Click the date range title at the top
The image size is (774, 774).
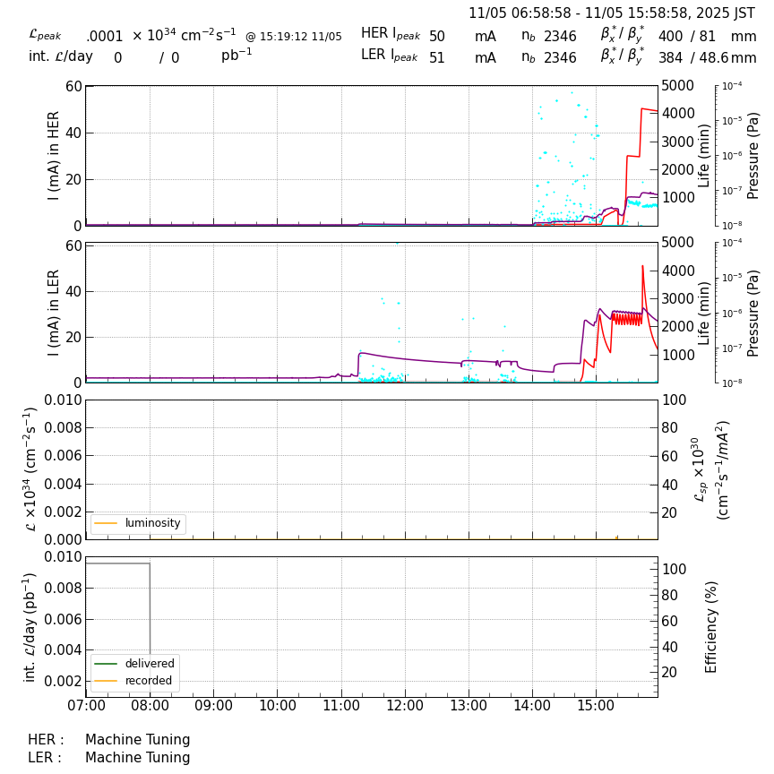pos(612,13)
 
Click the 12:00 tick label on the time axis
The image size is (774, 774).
pos(405,705)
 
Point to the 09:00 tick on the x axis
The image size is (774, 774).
pos(214,705)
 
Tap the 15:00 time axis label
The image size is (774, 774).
pos(596,705)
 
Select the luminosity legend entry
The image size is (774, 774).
pos(152,523)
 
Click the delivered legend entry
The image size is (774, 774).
pos(149,664)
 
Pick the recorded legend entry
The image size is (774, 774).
pos(149,680)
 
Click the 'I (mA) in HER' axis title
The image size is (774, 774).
pos(54,156)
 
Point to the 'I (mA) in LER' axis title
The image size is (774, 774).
pos(54,313)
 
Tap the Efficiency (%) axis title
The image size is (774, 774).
pos(712,626)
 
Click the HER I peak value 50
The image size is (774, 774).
pos(437,37)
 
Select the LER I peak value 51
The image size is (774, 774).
pos(437,58)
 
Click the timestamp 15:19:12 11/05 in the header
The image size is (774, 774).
pos(294,37)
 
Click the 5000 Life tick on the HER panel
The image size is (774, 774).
pos(678,86)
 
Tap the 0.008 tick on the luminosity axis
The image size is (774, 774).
pos(59,428)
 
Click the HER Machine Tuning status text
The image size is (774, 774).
pos(137,740)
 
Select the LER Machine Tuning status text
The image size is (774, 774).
pos(137,758)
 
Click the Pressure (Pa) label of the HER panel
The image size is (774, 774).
pos(753,156)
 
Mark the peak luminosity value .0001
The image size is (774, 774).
pos(105,37)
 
